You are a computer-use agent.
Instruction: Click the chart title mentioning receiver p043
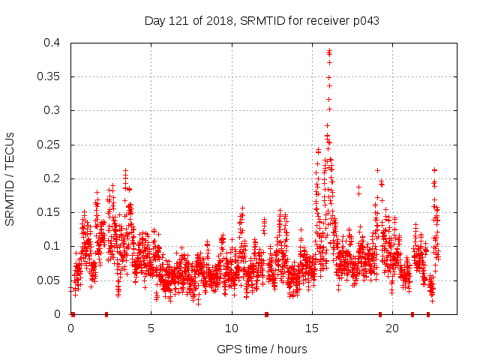tap(262, 21)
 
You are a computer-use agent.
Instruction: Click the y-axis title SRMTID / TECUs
tap(10, 178)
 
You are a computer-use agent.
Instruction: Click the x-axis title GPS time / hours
tap(262, 349)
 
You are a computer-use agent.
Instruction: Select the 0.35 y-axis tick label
tap(52, 76)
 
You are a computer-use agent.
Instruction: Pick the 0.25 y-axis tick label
tap(52, 144)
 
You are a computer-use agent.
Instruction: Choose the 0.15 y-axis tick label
tap(52, 212)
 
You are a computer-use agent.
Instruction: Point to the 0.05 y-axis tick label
tap(52, 280)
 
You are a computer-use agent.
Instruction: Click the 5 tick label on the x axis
tap(151, 328)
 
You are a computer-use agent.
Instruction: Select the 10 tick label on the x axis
tap(232, 328)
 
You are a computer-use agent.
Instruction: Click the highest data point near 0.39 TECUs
tap(329, 51)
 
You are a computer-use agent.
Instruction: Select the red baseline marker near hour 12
tap(266, 314)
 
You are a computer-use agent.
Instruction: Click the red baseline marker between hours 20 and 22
tap(412, 314)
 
